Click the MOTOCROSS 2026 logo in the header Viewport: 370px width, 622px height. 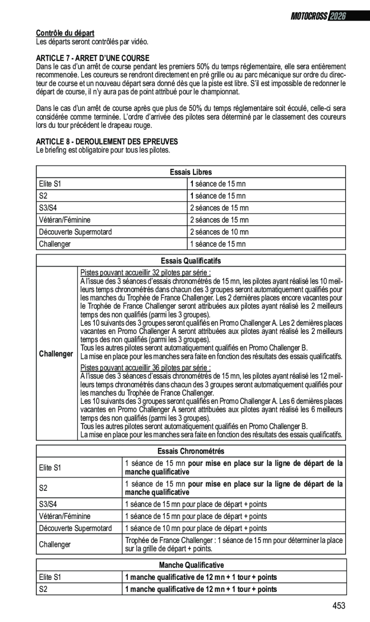pyautogui.click(x=318, y=16)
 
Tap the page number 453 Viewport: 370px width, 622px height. pyautogui.click(x=338, y=606)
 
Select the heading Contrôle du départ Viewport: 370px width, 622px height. pyautogui.click(x=65, y=33)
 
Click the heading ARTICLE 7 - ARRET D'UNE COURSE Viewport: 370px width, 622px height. pyautogui.click(x=93, y=57)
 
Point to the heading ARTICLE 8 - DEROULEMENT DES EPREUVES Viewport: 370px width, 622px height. pyautogui.click(x=107, y=142)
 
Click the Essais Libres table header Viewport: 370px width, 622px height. pyautogui.click(x=191, y=172)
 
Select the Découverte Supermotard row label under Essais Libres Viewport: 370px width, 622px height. pyautogui.click(x=75, y=232)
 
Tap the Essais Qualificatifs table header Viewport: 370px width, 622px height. pyautogui.click(x=191, y=260)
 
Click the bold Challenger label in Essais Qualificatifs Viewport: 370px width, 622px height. pyautogui.click(x=56, y=354)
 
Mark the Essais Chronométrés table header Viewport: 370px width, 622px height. pyautogui.click(x=191, y=451)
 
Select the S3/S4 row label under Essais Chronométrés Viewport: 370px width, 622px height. pyautogui.click(x=50, y=504)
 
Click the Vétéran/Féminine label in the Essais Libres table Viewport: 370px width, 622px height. pyautogui.click(x=65, y=220)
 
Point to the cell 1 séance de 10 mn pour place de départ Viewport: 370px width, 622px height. pyautogui.click(x=196, y=528)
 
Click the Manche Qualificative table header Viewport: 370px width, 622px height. pyautogui.click(x=191, y=566)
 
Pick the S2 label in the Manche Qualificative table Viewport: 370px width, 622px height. pyautogui.click(x=44, y=589)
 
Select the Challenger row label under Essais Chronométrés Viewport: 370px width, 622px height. pyautogui.click(x=55, y=544)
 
